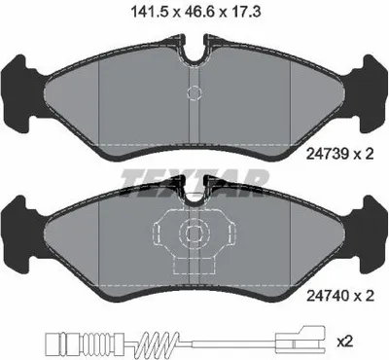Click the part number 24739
(x=328, y=153)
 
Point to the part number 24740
(x=328, y=295)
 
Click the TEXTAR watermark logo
(x=194, y=182)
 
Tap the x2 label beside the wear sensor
(x=345, y=342)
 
